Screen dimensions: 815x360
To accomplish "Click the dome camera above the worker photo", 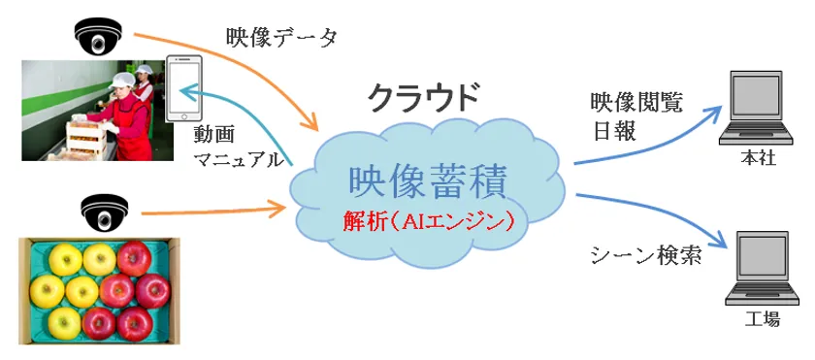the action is pos(98,36).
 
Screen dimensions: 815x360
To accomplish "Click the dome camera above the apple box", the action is pos(104,212).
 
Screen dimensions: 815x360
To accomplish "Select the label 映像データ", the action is pos(282,38).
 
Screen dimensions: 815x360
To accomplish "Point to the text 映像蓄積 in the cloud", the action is pos(428,182).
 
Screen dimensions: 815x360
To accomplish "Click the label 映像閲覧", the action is pos(636,104).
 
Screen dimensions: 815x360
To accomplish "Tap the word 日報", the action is pos(612,131).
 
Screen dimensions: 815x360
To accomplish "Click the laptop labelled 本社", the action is pos(755,108).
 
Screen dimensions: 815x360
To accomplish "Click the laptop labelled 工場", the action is pos(762,268).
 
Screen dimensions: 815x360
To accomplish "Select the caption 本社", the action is pos(757,158).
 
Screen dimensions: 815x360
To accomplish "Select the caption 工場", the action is pos(763,319).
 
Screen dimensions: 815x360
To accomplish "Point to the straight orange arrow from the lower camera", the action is pos(213,211).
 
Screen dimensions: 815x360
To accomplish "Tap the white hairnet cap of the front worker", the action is pos(120,80).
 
